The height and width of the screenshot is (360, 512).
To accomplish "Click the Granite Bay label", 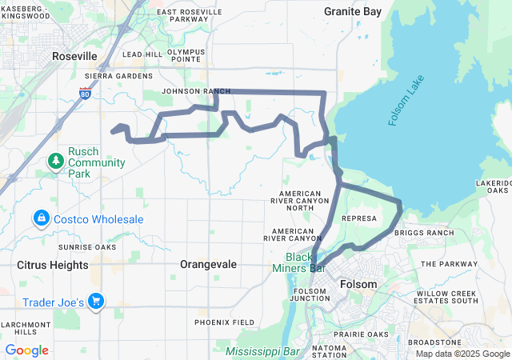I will pyautogui.click(x=352, y=11).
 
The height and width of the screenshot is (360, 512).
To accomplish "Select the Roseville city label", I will pyautogui.click(x=74, y=56).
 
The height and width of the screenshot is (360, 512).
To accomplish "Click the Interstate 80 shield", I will pyautogui.click(x=85, y=94).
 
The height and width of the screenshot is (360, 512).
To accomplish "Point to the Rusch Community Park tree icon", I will pyautogui.click(x=56, y=162).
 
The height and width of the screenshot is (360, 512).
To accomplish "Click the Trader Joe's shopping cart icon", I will pyautogui.click(x=96, y=301).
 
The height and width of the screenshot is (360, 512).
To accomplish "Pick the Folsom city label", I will pyautogui.click(x=358, y=284).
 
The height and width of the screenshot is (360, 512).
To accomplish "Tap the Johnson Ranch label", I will pyautogui.click(x=190, y=91).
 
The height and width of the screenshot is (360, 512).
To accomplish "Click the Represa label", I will pyautogui.click(x=358, y=218).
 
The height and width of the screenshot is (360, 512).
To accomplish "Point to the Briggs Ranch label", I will pyautogui.click(x=424, y=233).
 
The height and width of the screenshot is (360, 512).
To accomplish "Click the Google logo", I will pyautogui.click(x=26, y=350).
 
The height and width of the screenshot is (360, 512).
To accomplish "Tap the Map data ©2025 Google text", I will pyautogui.click(x=461, y=354).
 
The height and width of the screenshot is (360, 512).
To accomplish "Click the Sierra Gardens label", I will pyautogui.click(x=118, y=76).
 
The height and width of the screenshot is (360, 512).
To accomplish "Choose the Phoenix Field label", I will pyautogui.click(x=225, y=322).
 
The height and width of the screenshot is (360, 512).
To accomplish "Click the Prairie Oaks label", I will pyautogui.click(x=362, y=334).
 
